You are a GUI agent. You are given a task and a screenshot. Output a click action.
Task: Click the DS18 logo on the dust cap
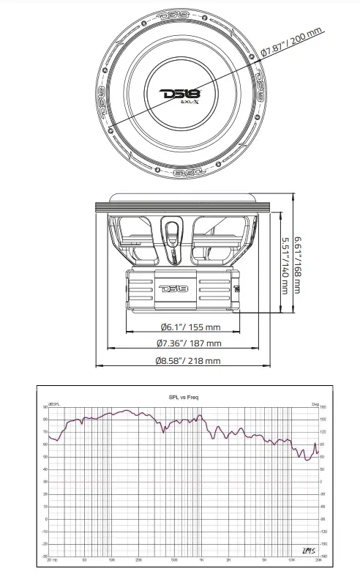[179, 94]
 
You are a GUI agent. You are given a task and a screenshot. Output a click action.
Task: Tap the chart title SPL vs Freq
[184, 398]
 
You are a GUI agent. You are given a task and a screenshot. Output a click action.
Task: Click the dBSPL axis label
[54, 405]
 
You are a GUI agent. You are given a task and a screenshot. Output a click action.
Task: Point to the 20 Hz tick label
[50, 559]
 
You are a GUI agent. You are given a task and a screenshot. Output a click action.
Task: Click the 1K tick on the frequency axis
[200, 559]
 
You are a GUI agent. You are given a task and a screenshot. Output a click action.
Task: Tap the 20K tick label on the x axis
[318, 559]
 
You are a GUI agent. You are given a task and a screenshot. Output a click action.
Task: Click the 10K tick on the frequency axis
[291, 559]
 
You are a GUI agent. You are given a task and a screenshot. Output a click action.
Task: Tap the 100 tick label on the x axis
[111, 559]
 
